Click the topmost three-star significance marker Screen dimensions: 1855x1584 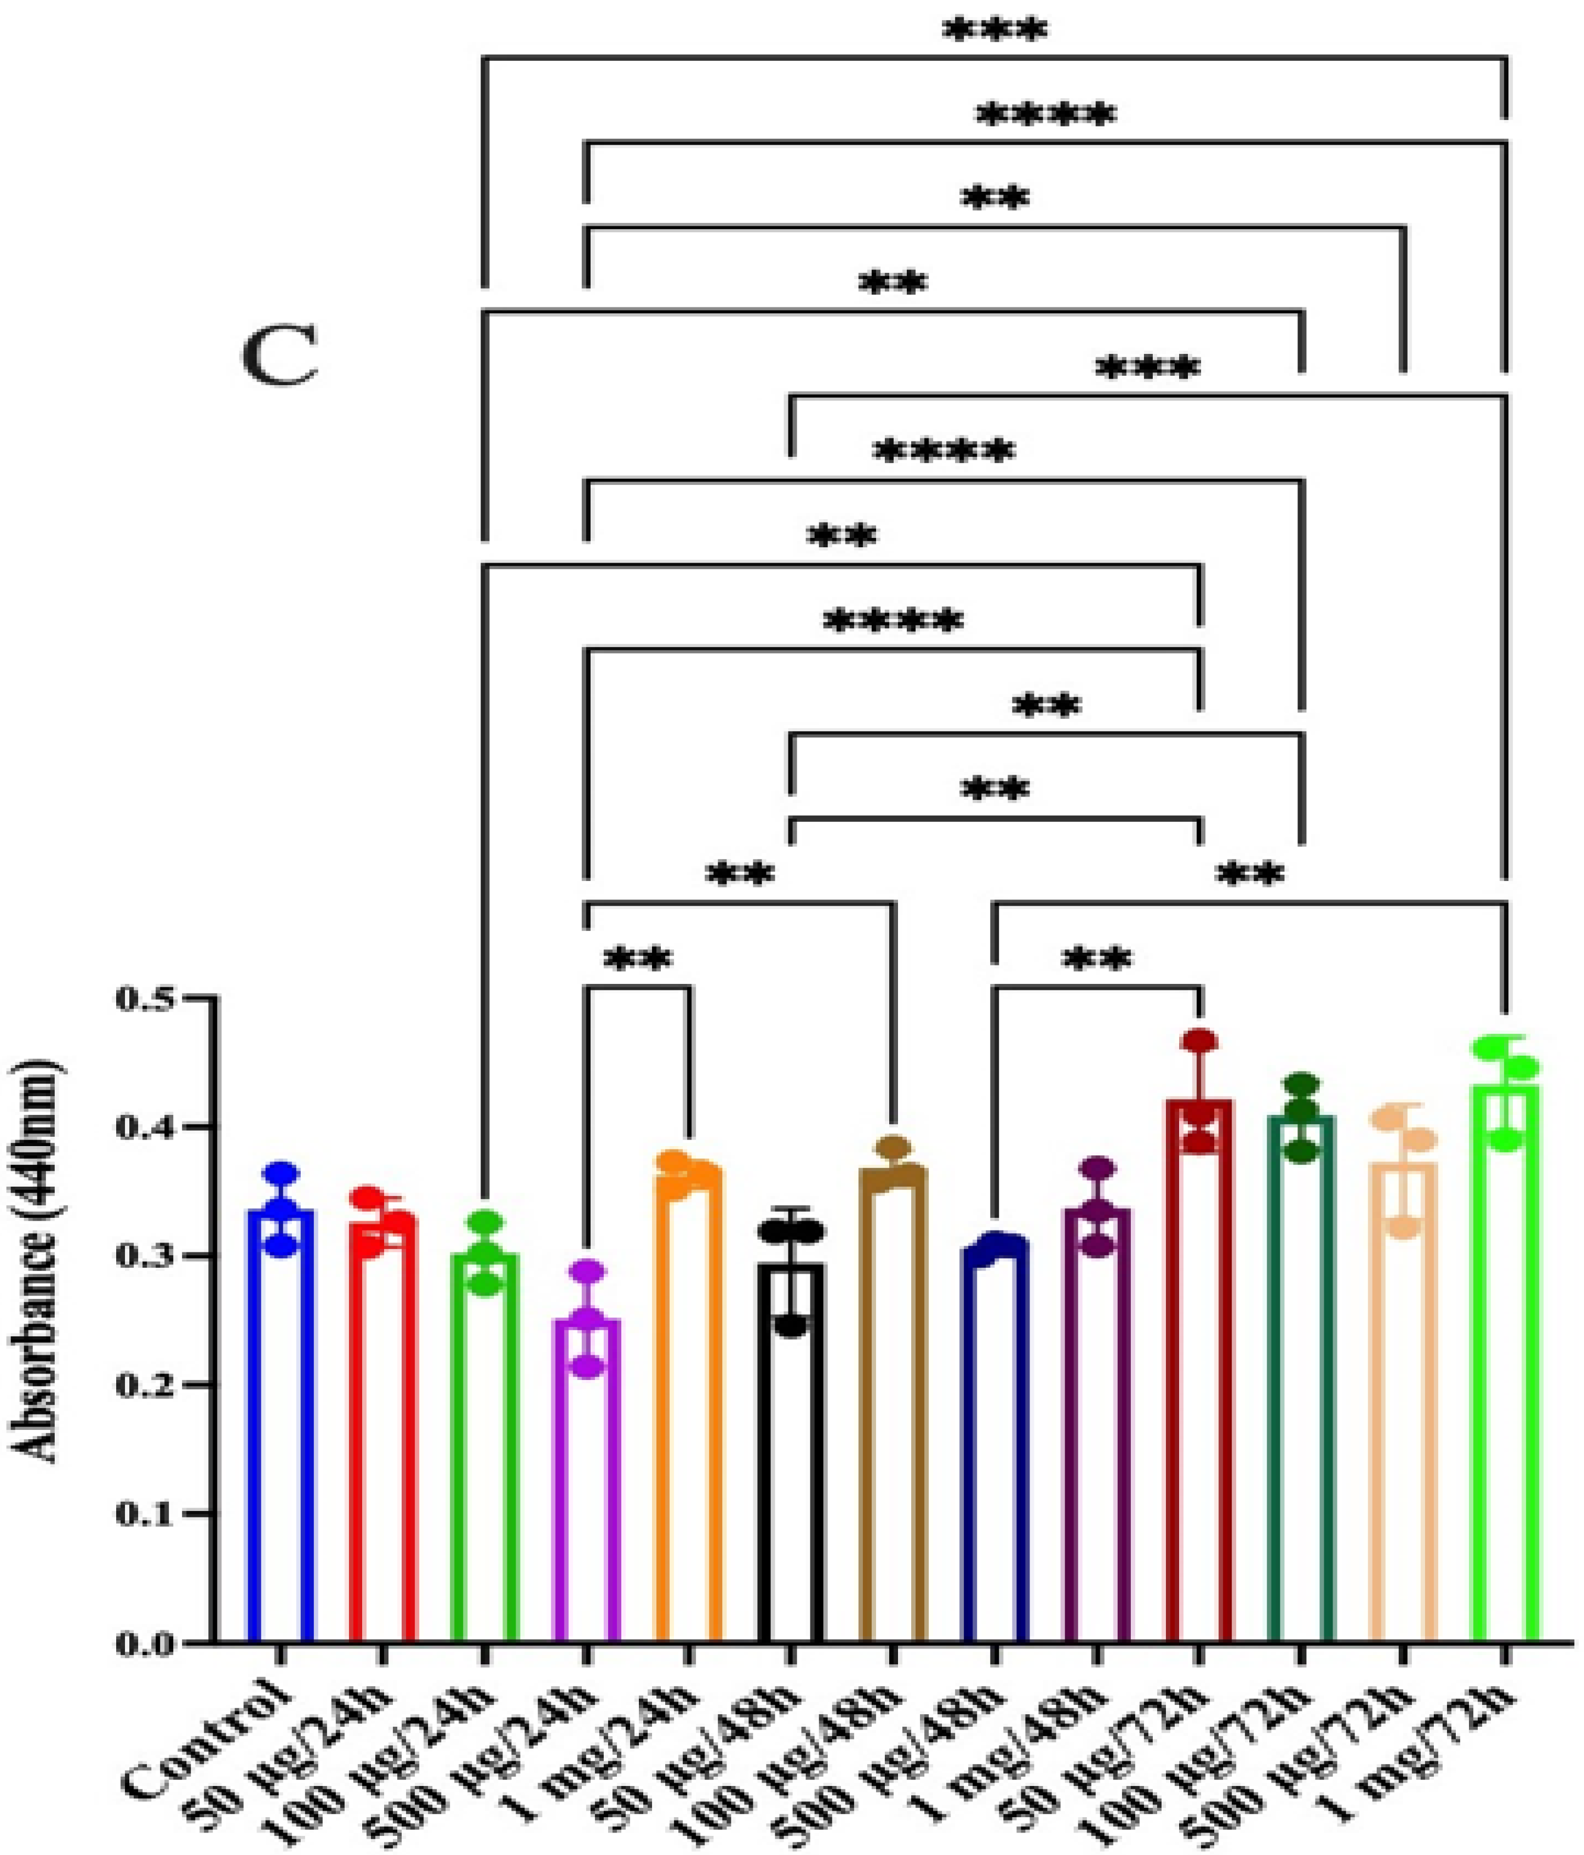click(x=994, y=31)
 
